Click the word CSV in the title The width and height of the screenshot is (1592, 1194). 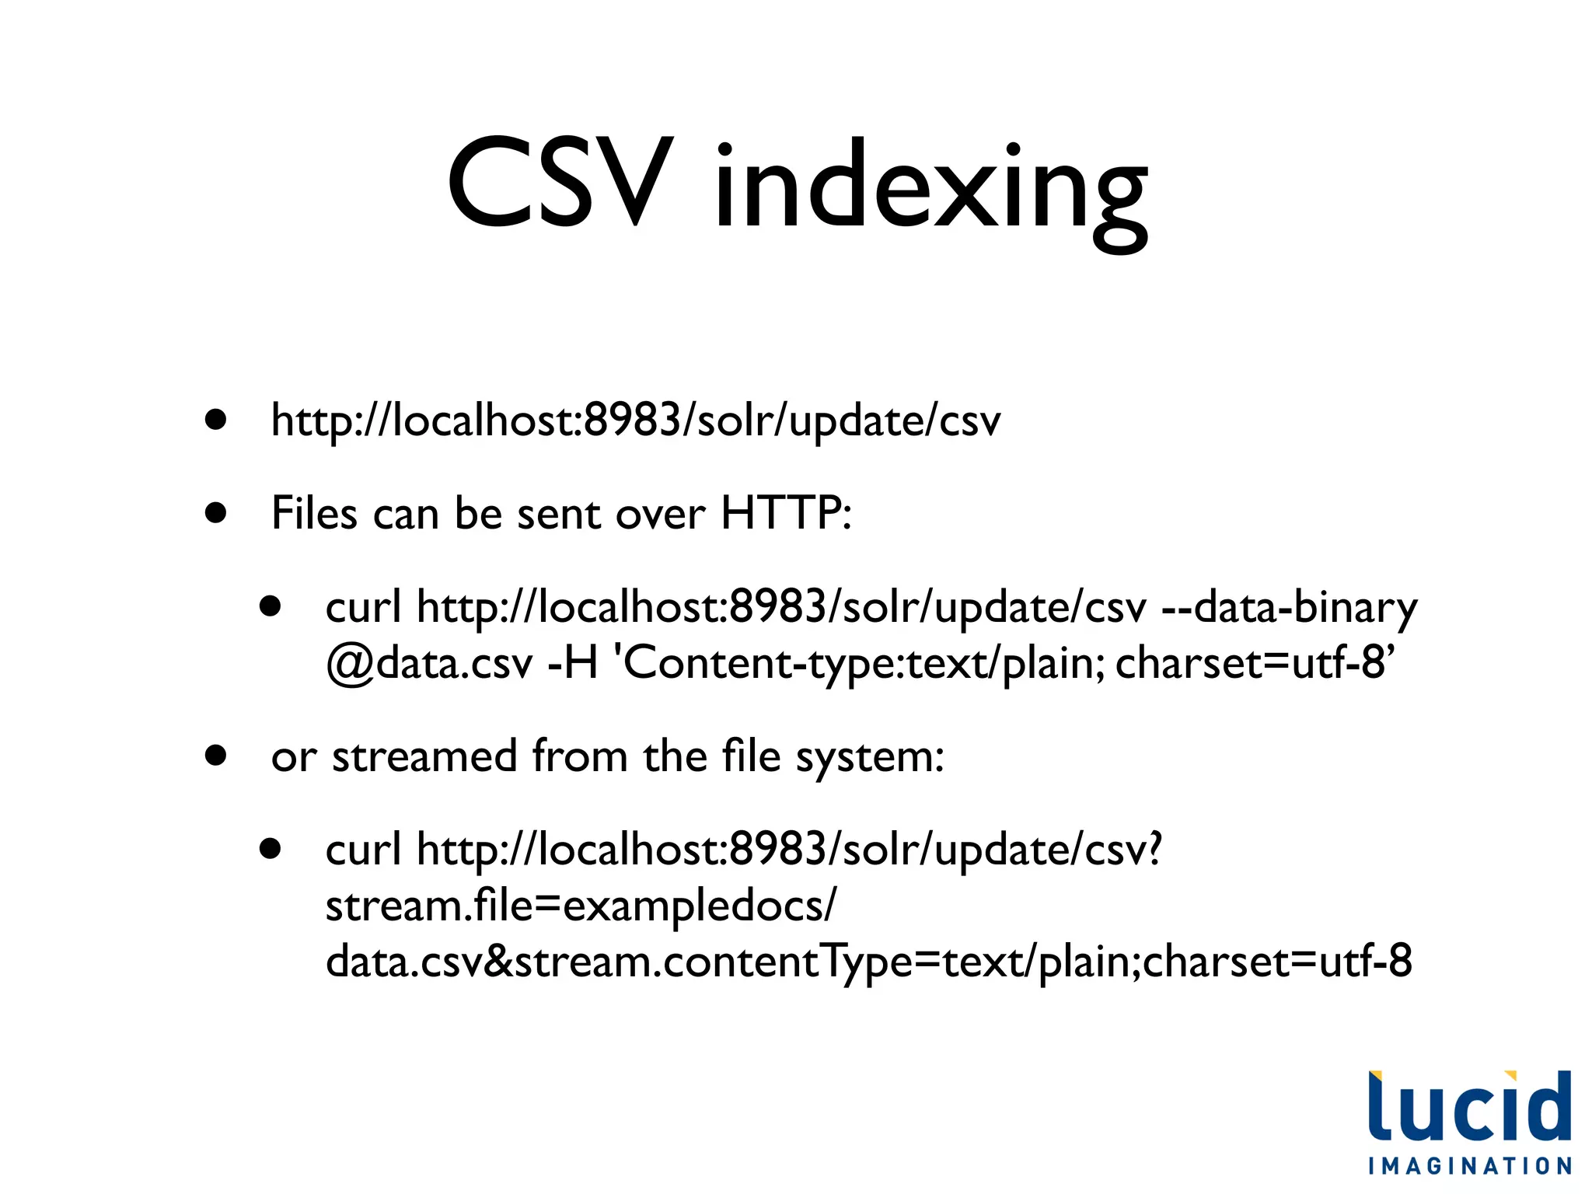(557, 185)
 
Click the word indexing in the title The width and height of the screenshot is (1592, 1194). (930, 190)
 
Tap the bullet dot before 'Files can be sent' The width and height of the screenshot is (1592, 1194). (216, 513)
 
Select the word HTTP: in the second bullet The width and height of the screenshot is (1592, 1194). (786, 513)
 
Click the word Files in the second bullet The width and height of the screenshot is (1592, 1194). (315, 513)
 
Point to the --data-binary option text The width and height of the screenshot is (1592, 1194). (1289, 608)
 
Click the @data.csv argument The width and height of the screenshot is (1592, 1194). (429, 663)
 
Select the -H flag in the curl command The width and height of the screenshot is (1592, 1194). (572, 663)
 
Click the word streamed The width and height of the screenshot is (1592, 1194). (424, 756)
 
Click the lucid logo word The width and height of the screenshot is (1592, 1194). (1469, 1107)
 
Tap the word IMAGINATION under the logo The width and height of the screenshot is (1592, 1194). (1469, 1166)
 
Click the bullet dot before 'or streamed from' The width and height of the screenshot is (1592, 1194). (216, 756)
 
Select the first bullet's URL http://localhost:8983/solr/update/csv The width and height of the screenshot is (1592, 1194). (636, 421)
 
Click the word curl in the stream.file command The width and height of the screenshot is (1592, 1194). (363, 849)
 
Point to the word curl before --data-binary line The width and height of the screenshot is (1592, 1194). (363, 607)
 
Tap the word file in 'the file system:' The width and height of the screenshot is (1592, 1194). (751, 756)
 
